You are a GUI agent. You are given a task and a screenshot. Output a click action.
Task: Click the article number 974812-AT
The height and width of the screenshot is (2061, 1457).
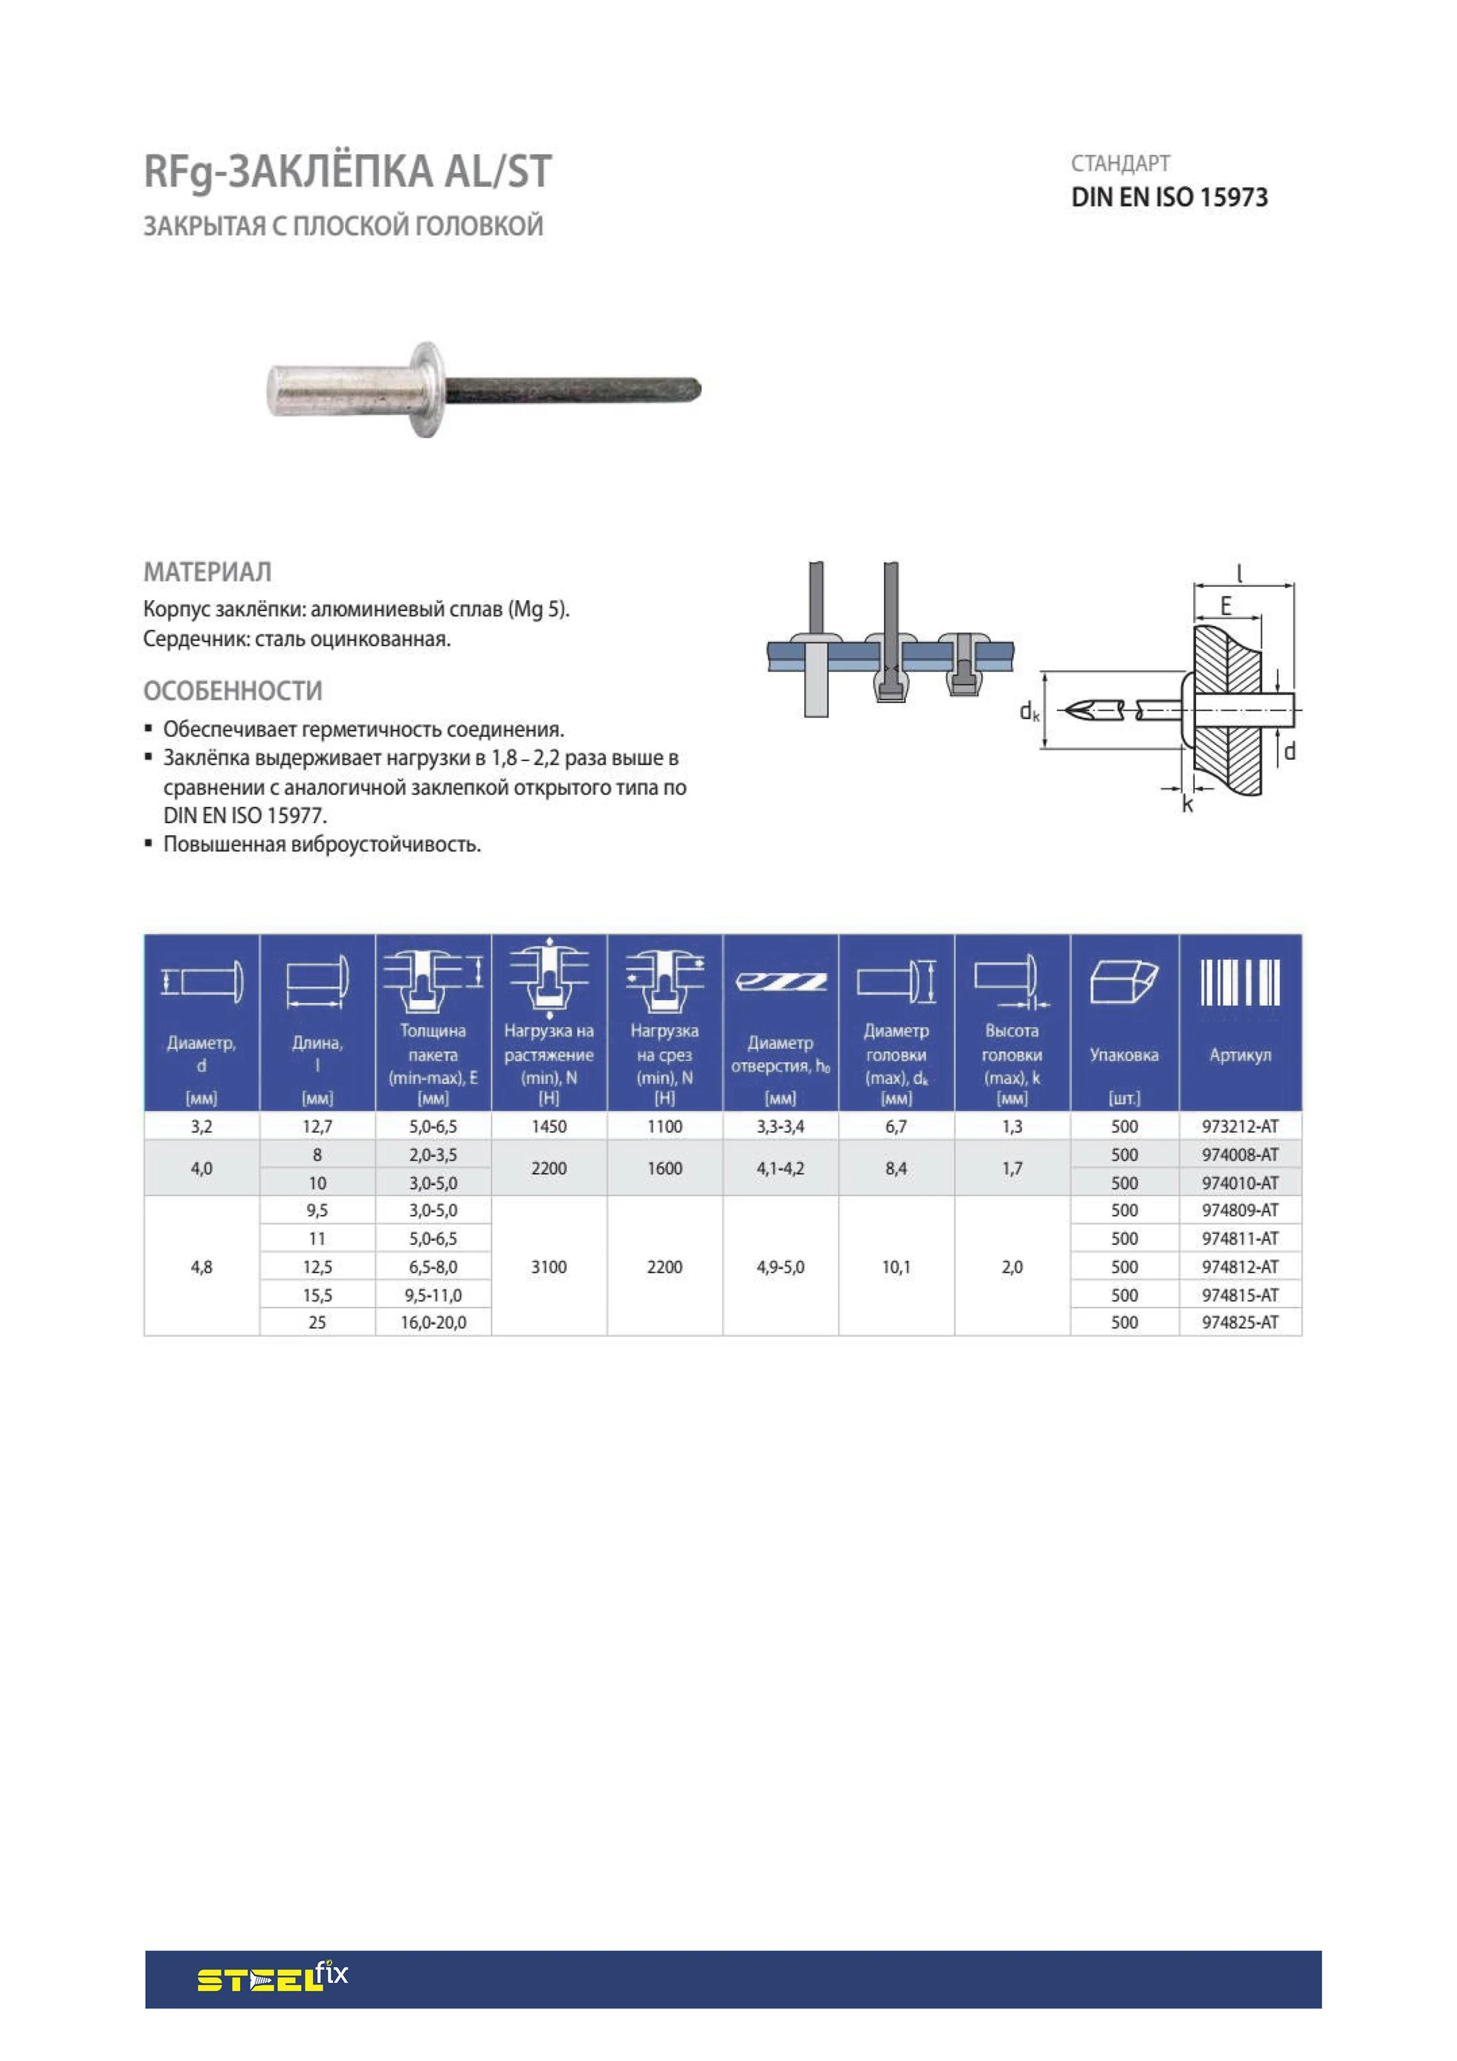click(1240, 1267)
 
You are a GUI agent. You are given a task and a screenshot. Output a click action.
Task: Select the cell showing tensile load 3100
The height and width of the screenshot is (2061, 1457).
click(549, 1267)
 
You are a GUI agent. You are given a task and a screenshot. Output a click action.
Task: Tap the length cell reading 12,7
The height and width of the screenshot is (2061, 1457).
click(317, 1126)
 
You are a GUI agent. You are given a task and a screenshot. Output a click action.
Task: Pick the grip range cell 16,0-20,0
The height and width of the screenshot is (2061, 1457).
click(433, 1322)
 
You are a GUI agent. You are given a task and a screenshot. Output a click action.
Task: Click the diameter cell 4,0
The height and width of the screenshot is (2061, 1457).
click(201, 1168)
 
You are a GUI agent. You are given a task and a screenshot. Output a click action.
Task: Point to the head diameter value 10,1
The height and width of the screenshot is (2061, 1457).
click(896, 1267)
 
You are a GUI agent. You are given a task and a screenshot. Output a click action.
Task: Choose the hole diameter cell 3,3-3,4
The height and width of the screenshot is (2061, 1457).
click(780, 1126)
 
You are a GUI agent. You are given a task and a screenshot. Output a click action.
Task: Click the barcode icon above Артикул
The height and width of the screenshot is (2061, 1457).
click(1240, 982)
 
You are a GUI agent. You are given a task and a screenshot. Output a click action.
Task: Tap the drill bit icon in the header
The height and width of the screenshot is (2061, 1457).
click(780, 982)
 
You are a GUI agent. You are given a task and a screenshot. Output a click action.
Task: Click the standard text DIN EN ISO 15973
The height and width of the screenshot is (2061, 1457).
click(1169, 198)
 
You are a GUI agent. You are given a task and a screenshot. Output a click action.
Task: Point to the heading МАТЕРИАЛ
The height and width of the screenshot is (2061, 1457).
click(207, 572)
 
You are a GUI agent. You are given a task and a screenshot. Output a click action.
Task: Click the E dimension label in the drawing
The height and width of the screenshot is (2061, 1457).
click(1225, 606)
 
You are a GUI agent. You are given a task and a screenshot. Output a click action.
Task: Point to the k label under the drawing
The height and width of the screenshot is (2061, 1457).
click(1188, 805)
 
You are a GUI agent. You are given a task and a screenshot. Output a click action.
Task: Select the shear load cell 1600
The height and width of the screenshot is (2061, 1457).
click(665, 1168)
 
